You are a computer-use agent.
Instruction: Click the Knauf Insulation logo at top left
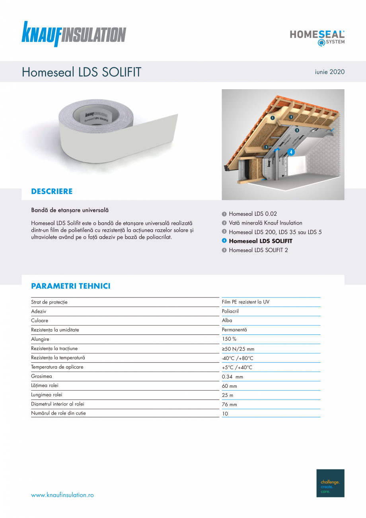pos(74,34)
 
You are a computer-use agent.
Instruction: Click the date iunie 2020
pos(329,72)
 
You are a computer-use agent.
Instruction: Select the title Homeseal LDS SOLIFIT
pos(82,72)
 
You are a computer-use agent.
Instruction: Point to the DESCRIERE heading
pos(52,192)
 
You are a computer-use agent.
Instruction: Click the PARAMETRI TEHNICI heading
pos(71,286)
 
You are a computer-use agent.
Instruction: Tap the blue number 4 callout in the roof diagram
pos(291,152)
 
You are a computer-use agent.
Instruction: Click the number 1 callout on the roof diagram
pos(273,118)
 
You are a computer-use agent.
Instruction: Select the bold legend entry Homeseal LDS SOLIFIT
pos(260,241)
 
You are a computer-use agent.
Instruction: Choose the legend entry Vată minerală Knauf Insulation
pos(265,223)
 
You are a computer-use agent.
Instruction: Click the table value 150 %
pos(229,339)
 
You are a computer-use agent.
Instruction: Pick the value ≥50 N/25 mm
pos(238,349)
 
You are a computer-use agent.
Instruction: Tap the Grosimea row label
pos(41,376)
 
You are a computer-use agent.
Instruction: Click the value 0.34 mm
pos(232,377)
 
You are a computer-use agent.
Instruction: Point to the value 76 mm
pos(229,405)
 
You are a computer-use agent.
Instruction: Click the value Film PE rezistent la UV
pos(245,302)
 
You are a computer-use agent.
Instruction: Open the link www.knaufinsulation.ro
pos(62,495)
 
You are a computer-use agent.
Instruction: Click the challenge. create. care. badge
pos(330,483)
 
